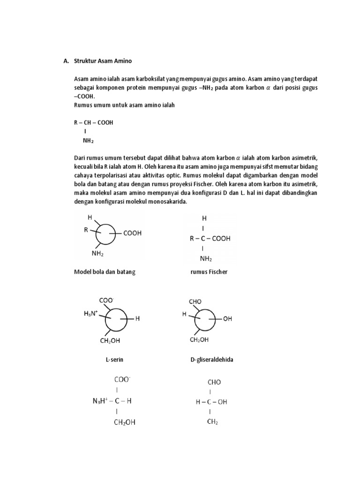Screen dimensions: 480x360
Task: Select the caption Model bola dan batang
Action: coord(105,272)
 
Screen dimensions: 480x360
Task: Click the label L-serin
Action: coord(114,360)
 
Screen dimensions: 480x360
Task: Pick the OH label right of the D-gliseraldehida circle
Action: coord(227,319)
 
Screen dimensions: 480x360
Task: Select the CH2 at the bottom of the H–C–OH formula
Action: coord(212,421)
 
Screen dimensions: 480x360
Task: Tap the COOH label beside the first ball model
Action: coord(132,232)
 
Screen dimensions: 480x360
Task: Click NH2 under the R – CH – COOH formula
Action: coord(88,140)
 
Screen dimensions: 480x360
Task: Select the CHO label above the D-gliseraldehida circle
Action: coord(195,301)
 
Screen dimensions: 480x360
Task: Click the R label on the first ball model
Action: coord(86,230)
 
